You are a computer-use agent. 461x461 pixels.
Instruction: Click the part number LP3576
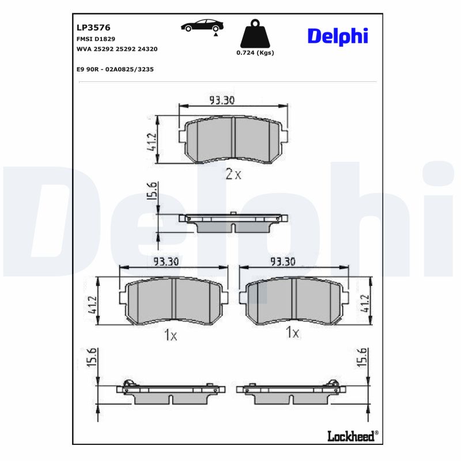pyautogui.click(x=93, y=27)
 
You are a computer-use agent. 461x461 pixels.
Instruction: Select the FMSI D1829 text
pyautogui.click(x=96, y=39)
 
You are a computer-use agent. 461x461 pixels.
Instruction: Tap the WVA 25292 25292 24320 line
pyautogui.click(x=117, y=49)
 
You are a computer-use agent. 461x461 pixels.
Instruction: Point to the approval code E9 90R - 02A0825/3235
pyautogui.click(x=115, y=69)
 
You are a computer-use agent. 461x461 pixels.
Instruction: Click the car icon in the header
pyautogui.click(x=201, y=25)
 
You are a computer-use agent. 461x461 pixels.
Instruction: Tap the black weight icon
pyautogui.click(x=255, y=35)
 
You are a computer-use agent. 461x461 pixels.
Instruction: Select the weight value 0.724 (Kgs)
pyautogui.click(x=255, y=52)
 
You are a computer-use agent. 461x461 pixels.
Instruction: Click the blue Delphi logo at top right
pyautogui.click(x=337, y=36)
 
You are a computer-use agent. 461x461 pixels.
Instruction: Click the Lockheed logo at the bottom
pyautogui.click(x=352, y=436)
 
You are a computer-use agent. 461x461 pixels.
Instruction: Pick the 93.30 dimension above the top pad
pyautogui.click(x=222, y=100)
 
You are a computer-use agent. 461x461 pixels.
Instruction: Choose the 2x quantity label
pyautogui.click(x=233, y=174)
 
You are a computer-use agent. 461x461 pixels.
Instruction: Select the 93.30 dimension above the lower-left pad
pyautogui.click(x=166, y=262)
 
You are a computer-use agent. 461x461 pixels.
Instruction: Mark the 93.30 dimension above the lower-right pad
pyautogui.click(x=283, y=262)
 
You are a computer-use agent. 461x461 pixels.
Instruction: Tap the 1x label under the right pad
pyautogui.click(x=293, y=332)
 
